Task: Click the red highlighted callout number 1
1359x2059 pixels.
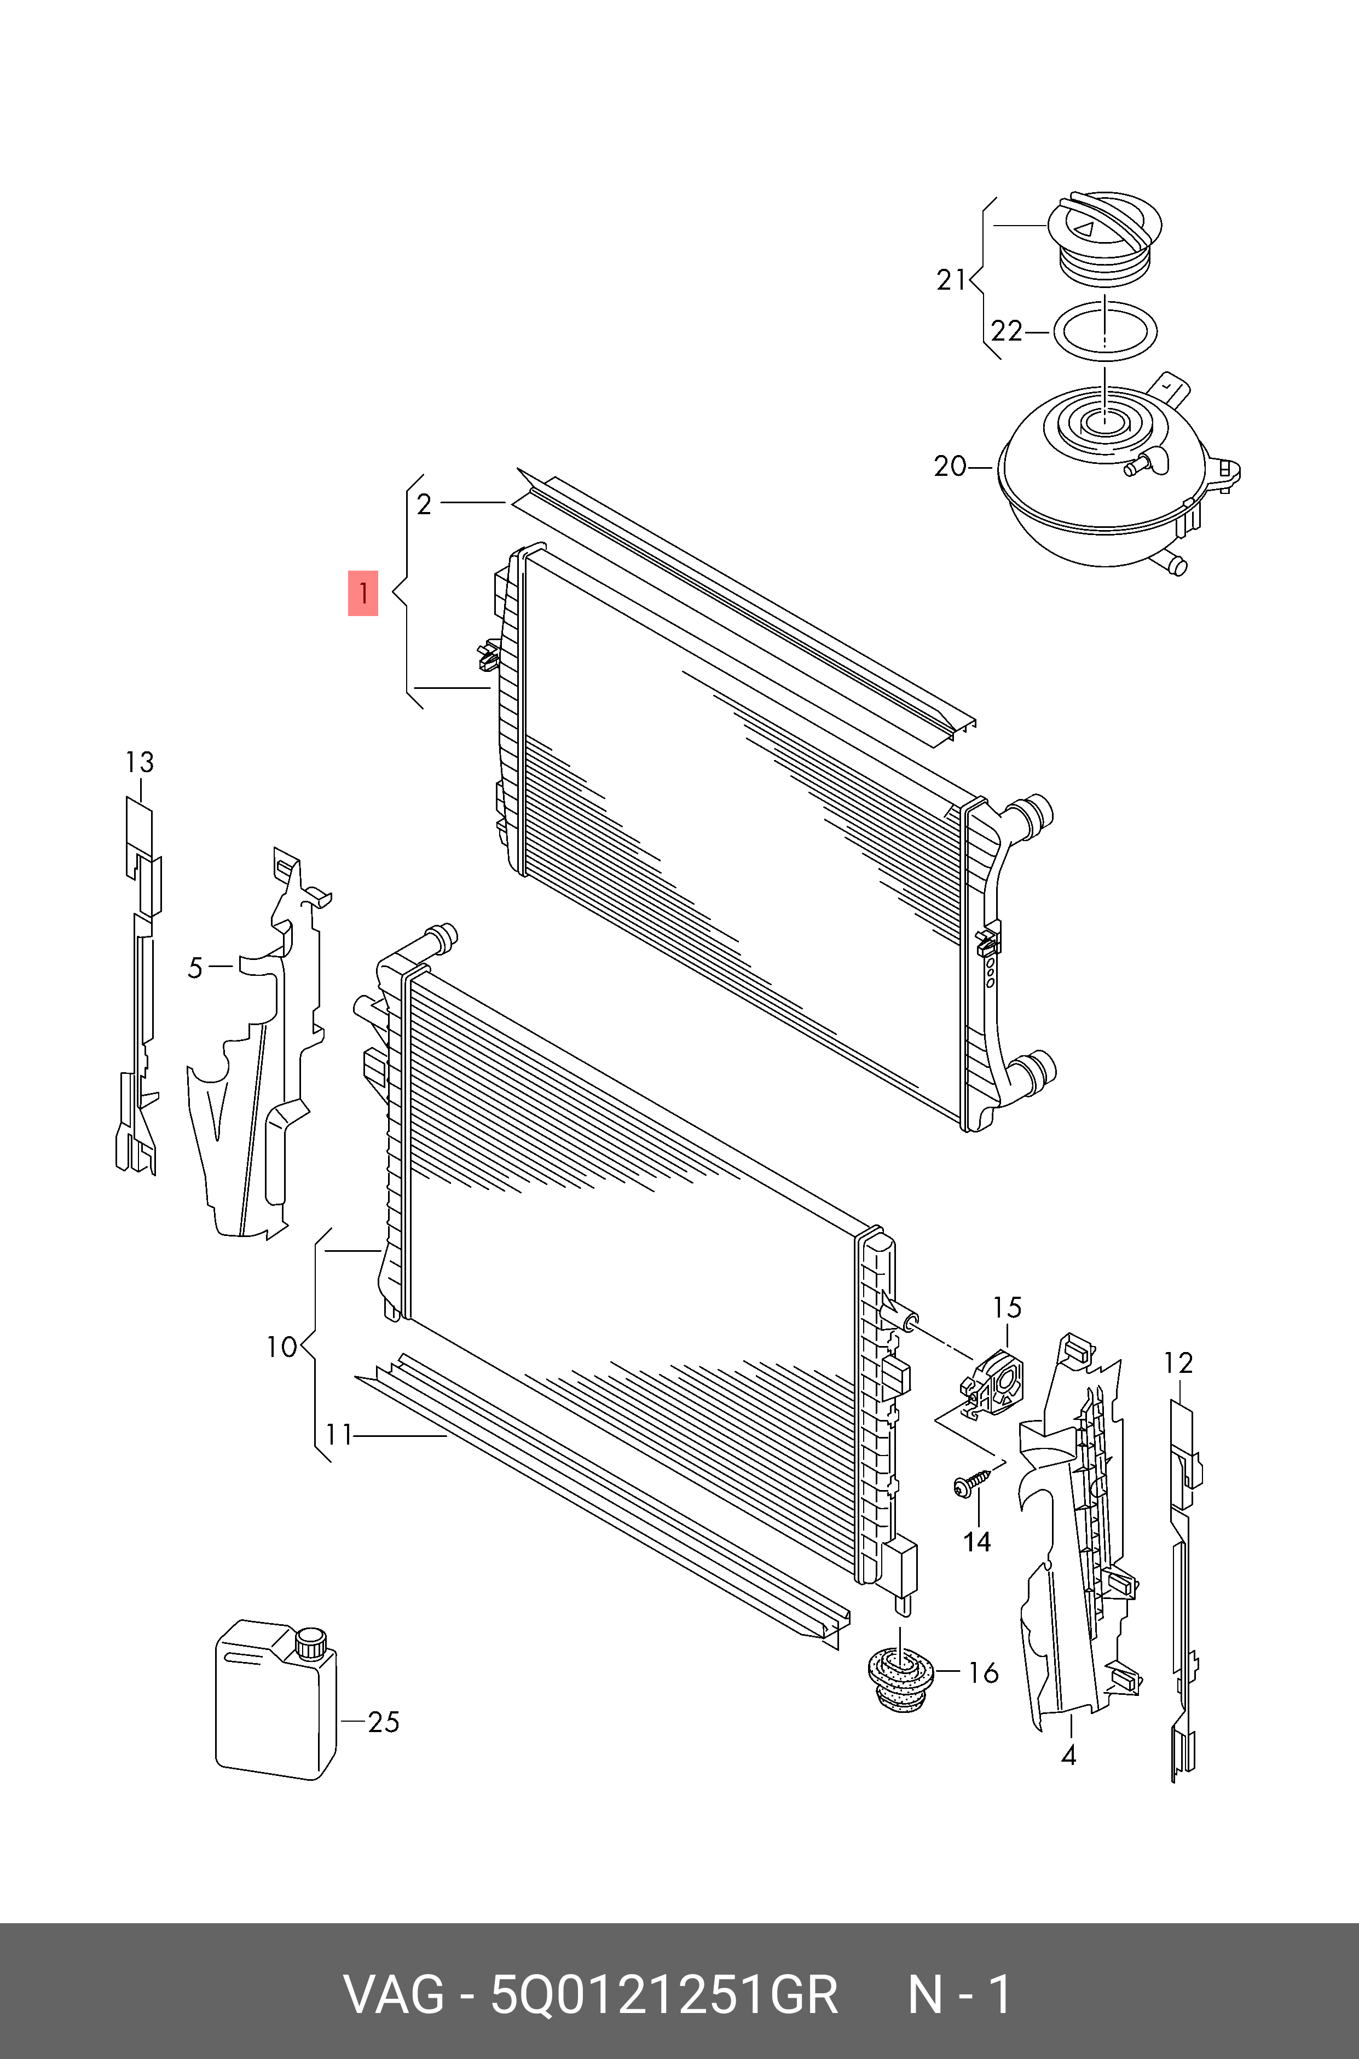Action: click(363, 593)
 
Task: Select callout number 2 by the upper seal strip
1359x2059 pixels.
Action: click(424, 504)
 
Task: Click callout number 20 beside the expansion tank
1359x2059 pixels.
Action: click(950, 467)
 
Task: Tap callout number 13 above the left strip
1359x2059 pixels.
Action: click(138, 762)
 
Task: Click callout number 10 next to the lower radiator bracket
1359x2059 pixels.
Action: click(282, 1347)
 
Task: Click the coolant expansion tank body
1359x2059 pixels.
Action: click(1101, 486)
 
